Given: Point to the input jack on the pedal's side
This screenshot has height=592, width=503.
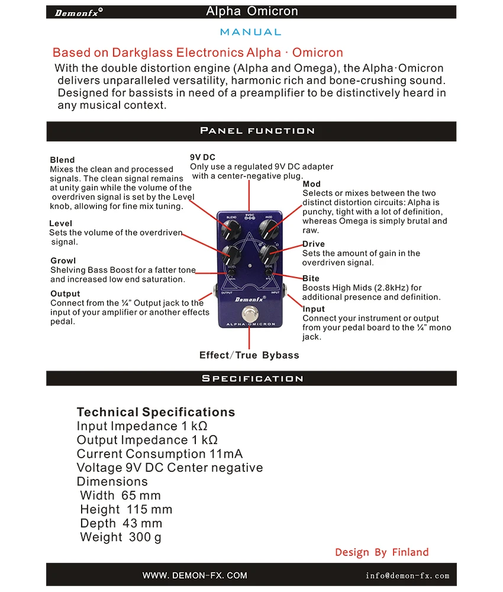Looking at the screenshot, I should [285, 289].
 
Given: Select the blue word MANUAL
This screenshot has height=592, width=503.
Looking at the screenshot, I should [250, 32].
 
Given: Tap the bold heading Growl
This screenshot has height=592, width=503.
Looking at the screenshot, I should [63, 260].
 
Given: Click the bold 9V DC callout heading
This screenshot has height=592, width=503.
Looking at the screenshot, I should [202, 157].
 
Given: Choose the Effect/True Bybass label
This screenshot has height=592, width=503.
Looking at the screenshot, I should [249, 355].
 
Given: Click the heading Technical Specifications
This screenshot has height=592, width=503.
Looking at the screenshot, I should [156, 412].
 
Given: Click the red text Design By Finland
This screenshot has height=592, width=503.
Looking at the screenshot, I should [382, 552].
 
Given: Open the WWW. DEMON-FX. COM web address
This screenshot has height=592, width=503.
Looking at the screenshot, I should [195, 575].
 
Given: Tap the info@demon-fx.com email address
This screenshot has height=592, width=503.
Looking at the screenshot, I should [407, 575].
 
